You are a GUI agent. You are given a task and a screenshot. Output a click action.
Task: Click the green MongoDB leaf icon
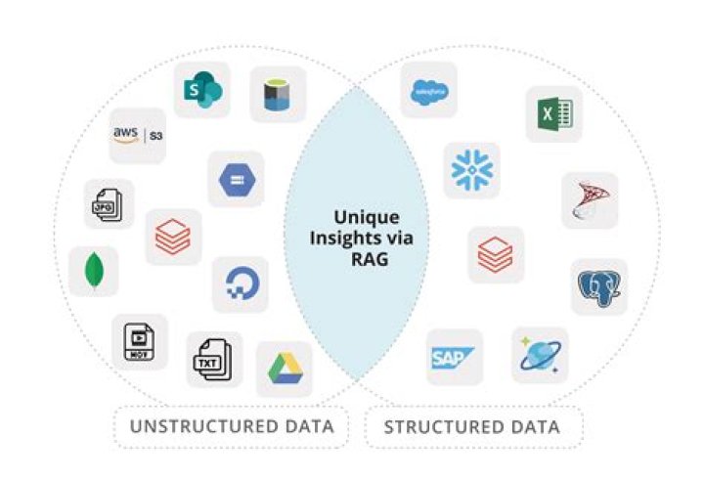94,271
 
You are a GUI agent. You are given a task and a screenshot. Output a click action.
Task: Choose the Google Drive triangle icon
284,369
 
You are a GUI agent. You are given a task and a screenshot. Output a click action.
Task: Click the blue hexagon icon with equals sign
236,179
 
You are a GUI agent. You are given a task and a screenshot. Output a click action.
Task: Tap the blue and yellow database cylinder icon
278,94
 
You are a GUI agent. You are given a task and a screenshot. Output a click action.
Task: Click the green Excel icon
553,113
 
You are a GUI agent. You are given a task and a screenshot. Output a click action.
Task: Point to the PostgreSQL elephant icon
598,286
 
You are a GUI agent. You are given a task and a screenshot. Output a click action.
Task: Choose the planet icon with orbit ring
540,354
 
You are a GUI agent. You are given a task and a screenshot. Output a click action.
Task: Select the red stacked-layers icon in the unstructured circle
173,236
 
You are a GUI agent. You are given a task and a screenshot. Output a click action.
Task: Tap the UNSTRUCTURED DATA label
232,426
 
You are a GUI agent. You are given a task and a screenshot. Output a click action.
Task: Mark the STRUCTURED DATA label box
472,426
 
